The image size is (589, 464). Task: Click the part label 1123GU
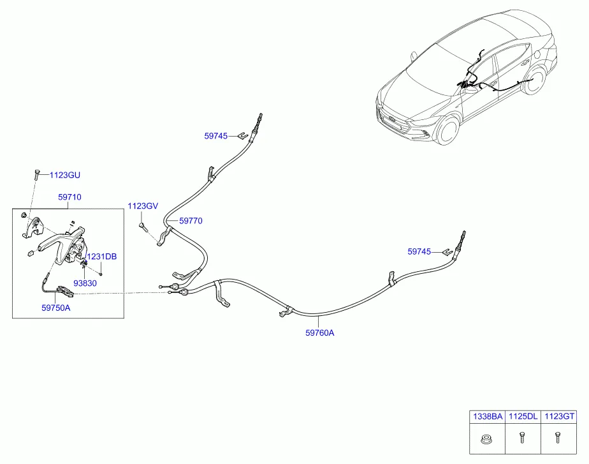click(x=65, y=175)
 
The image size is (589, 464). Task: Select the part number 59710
click(x=69, y=197)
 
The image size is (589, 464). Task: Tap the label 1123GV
click(x=143, y=206)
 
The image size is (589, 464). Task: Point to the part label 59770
click(x=191, y=221)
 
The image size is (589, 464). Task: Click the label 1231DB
click(x=102, y=257)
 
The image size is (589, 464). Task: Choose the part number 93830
click(x=85, y=283)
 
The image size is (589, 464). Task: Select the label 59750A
click(x=56, y=308)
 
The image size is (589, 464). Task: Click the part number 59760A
click(x=319, y=333)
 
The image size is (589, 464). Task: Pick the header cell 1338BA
click(x=488, y=416)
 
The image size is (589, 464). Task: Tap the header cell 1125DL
click(x=523, y=416)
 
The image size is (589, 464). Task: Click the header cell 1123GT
click(x=559, y=416)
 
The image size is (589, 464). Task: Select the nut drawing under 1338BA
click(x=487, y=438)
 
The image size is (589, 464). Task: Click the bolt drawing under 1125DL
click(x=522, y=438)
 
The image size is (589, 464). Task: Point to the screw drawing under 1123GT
click(x=557, y=438)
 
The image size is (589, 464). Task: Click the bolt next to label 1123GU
click(x=36, y=175)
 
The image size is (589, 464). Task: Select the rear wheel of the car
click(x=534, y=81)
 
